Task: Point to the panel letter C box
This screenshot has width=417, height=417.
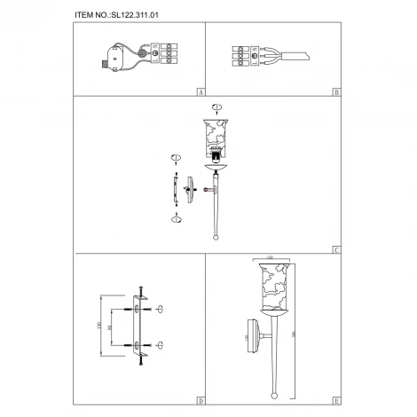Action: [335, 249]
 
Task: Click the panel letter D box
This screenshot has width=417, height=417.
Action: [201, 399]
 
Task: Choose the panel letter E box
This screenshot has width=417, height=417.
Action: [335, 399]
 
